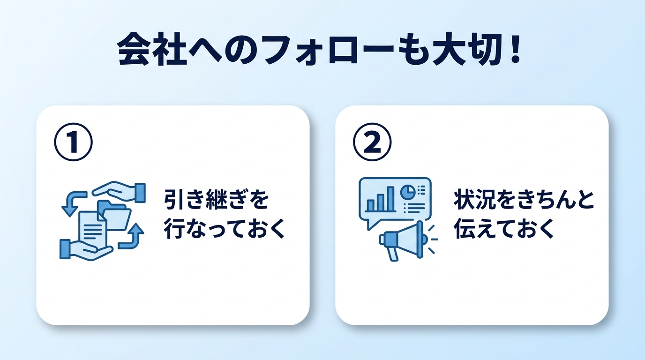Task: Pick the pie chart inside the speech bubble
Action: coord(406,191)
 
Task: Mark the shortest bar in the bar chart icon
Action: coord(370,205)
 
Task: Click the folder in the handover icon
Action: coord(116,215)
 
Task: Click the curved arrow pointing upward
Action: coord(132,236)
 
